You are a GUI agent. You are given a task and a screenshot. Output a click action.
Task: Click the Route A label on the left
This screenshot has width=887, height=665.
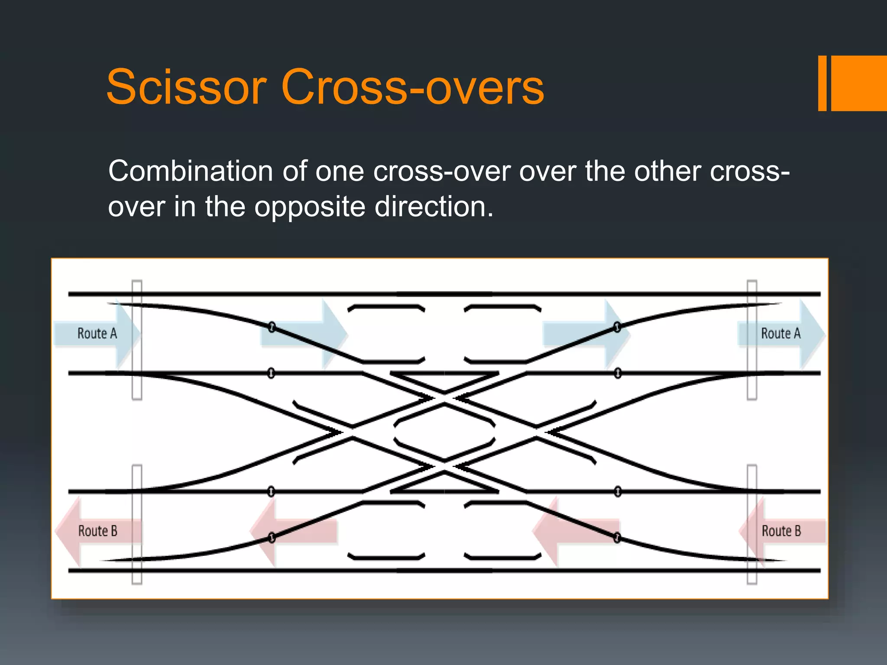(x=97, y=333)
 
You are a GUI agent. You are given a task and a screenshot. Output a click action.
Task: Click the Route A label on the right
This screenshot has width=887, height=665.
(x=780, y=333)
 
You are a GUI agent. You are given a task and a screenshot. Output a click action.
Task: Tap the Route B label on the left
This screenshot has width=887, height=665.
(x=97, y=531)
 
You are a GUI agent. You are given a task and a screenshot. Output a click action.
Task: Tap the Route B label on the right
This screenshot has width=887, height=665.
(x=781, y=531)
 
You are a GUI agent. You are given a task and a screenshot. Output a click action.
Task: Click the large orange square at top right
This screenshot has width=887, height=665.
(x=858, y=83)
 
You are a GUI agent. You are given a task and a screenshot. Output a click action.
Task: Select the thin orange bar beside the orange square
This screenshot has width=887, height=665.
(x=822, y=83)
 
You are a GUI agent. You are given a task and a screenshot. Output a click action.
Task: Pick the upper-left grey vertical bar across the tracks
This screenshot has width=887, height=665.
(x=137, y=340)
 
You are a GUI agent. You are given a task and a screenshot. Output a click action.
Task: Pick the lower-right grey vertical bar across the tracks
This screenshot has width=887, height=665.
(x=752, y=525)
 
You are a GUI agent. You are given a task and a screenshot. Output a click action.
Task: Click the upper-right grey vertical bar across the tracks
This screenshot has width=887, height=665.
(x=752, y=340)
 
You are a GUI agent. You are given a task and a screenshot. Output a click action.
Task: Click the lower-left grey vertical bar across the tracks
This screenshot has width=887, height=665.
(x=137, y=525)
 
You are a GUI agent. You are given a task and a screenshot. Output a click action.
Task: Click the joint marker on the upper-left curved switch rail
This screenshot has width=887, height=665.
(x=272, y=326)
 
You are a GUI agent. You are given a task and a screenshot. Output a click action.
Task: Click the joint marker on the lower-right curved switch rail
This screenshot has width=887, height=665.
(x=617, y=538)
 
